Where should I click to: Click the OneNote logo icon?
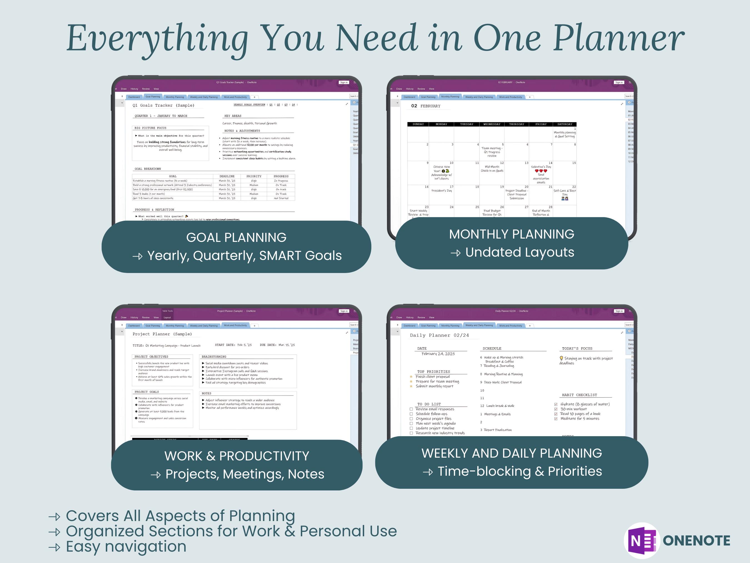point(641,540)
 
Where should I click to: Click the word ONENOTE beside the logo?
point(696,540)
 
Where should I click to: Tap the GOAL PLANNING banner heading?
point(236,237)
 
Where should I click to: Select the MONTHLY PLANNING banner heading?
point(511,234)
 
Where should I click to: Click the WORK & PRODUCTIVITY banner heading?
point(237,456)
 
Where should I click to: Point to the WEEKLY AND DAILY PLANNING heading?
point(511,453)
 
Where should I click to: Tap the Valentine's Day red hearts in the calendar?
point(541,171)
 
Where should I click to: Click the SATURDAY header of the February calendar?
point(564,124)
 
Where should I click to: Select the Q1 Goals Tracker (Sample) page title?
point(163,106)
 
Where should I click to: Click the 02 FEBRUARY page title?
point(426,106)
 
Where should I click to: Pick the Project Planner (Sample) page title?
point(162,334)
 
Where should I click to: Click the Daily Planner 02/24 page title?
point(439,335)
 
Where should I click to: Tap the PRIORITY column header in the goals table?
point(254,176)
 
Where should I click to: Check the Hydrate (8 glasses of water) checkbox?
point(556,404)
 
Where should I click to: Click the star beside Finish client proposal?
point(411,377)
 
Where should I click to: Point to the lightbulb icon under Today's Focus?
point(561,358)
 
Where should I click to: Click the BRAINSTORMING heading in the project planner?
point(214,357)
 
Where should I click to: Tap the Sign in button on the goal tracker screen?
point(343,83)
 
